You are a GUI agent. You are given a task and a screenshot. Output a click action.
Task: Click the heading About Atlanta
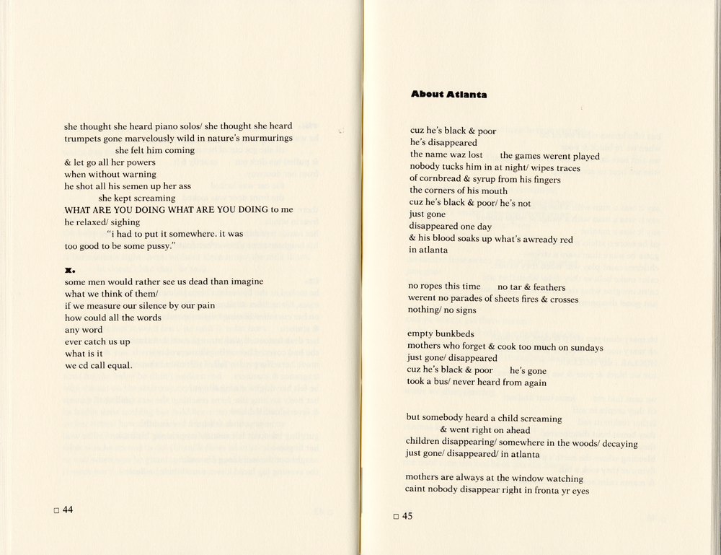448,95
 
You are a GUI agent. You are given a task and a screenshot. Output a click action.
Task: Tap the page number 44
68,510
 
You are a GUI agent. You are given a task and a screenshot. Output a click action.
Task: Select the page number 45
407,516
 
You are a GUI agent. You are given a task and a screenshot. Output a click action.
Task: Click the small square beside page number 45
395,517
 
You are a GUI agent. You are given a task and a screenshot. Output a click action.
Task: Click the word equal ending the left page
120,365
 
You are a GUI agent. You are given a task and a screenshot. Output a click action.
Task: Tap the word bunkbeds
454,334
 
